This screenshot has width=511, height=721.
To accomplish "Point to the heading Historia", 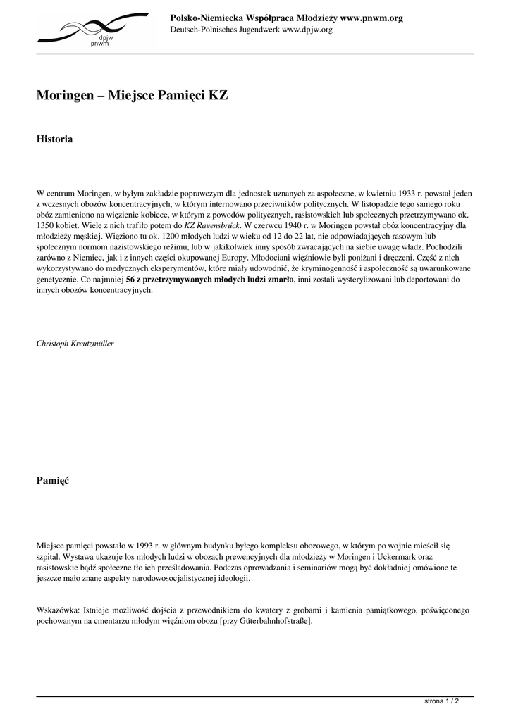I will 54,139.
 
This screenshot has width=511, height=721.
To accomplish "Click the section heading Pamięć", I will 52,481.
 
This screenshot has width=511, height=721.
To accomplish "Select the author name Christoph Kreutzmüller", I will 75,344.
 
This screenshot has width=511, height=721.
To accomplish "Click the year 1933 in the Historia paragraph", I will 407,192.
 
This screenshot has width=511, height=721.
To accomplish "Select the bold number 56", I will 130,280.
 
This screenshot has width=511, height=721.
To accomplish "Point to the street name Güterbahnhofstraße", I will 271,622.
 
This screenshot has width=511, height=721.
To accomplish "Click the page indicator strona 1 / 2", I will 442,701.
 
